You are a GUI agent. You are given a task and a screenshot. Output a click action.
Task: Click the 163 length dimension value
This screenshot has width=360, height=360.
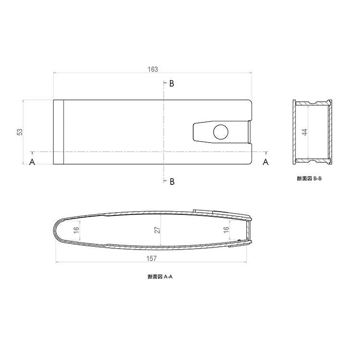point(153,69)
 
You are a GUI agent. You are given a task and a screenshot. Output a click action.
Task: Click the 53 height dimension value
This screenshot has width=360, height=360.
point(20,132)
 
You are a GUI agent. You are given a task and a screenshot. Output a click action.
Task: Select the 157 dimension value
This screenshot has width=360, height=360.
point(151,259)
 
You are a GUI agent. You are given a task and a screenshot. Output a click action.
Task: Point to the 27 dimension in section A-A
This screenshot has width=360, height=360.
point(157,230)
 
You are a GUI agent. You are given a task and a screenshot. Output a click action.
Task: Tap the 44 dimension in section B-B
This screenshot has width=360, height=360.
point(304,132)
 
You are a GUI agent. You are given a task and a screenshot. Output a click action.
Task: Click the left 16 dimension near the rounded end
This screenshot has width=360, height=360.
point(76,230)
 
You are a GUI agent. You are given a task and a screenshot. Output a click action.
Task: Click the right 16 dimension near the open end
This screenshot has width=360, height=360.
point(226,229)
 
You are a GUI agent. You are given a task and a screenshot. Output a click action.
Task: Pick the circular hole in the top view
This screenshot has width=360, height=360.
point(221,132)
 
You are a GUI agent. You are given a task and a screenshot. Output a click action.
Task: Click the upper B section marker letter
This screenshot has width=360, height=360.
point(172,84)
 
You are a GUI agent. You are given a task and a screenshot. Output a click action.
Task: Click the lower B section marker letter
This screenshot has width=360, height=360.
point(172,181)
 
